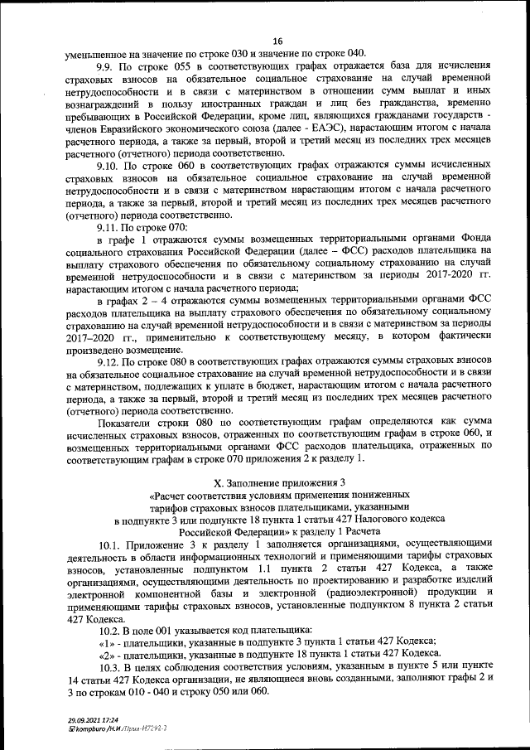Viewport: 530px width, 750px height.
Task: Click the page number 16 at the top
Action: (277, 41)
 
